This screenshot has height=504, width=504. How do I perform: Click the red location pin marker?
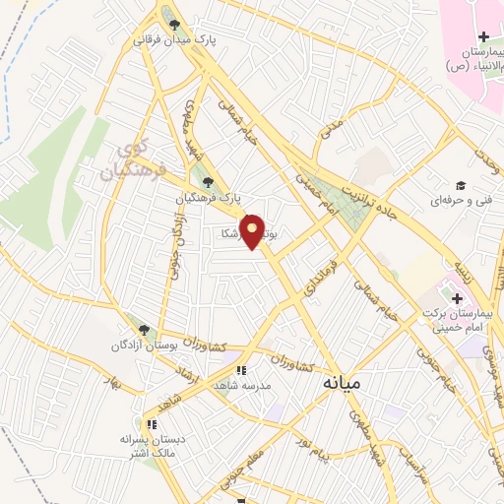(x=253, y=231)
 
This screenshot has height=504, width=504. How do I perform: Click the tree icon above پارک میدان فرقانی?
(x=175, y=25)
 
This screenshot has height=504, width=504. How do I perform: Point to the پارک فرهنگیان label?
(x=207, y=197)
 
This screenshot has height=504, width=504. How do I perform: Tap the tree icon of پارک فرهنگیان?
(x=206, y=181)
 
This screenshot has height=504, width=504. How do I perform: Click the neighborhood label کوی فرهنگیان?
(x=125, y=163)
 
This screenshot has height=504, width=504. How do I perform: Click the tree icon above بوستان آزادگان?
(x=144, y=331)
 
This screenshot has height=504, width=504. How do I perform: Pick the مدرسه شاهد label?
(x=240, y=387)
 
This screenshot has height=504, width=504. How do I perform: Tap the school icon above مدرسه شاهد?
(x=240, y=371)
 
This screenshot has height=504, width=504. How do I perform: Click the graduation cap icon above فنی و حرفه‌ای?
(x=459, y=185)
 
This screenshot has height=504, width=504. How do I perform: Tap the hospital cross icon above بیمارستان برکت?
(x=457, y=297)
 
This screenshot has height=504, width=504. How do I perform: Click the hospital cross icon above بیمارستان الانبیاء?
(x=483, y=37)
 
